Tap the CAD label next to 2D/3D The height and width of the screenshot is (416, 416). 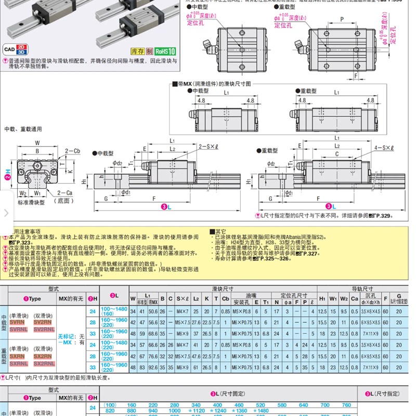9,50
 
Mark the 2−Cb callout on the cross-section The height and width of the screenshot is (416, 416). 72,151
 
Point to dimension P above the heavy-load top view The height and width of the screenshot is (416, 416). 341,19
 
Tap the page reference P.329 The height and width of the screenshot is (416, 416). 381,215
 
